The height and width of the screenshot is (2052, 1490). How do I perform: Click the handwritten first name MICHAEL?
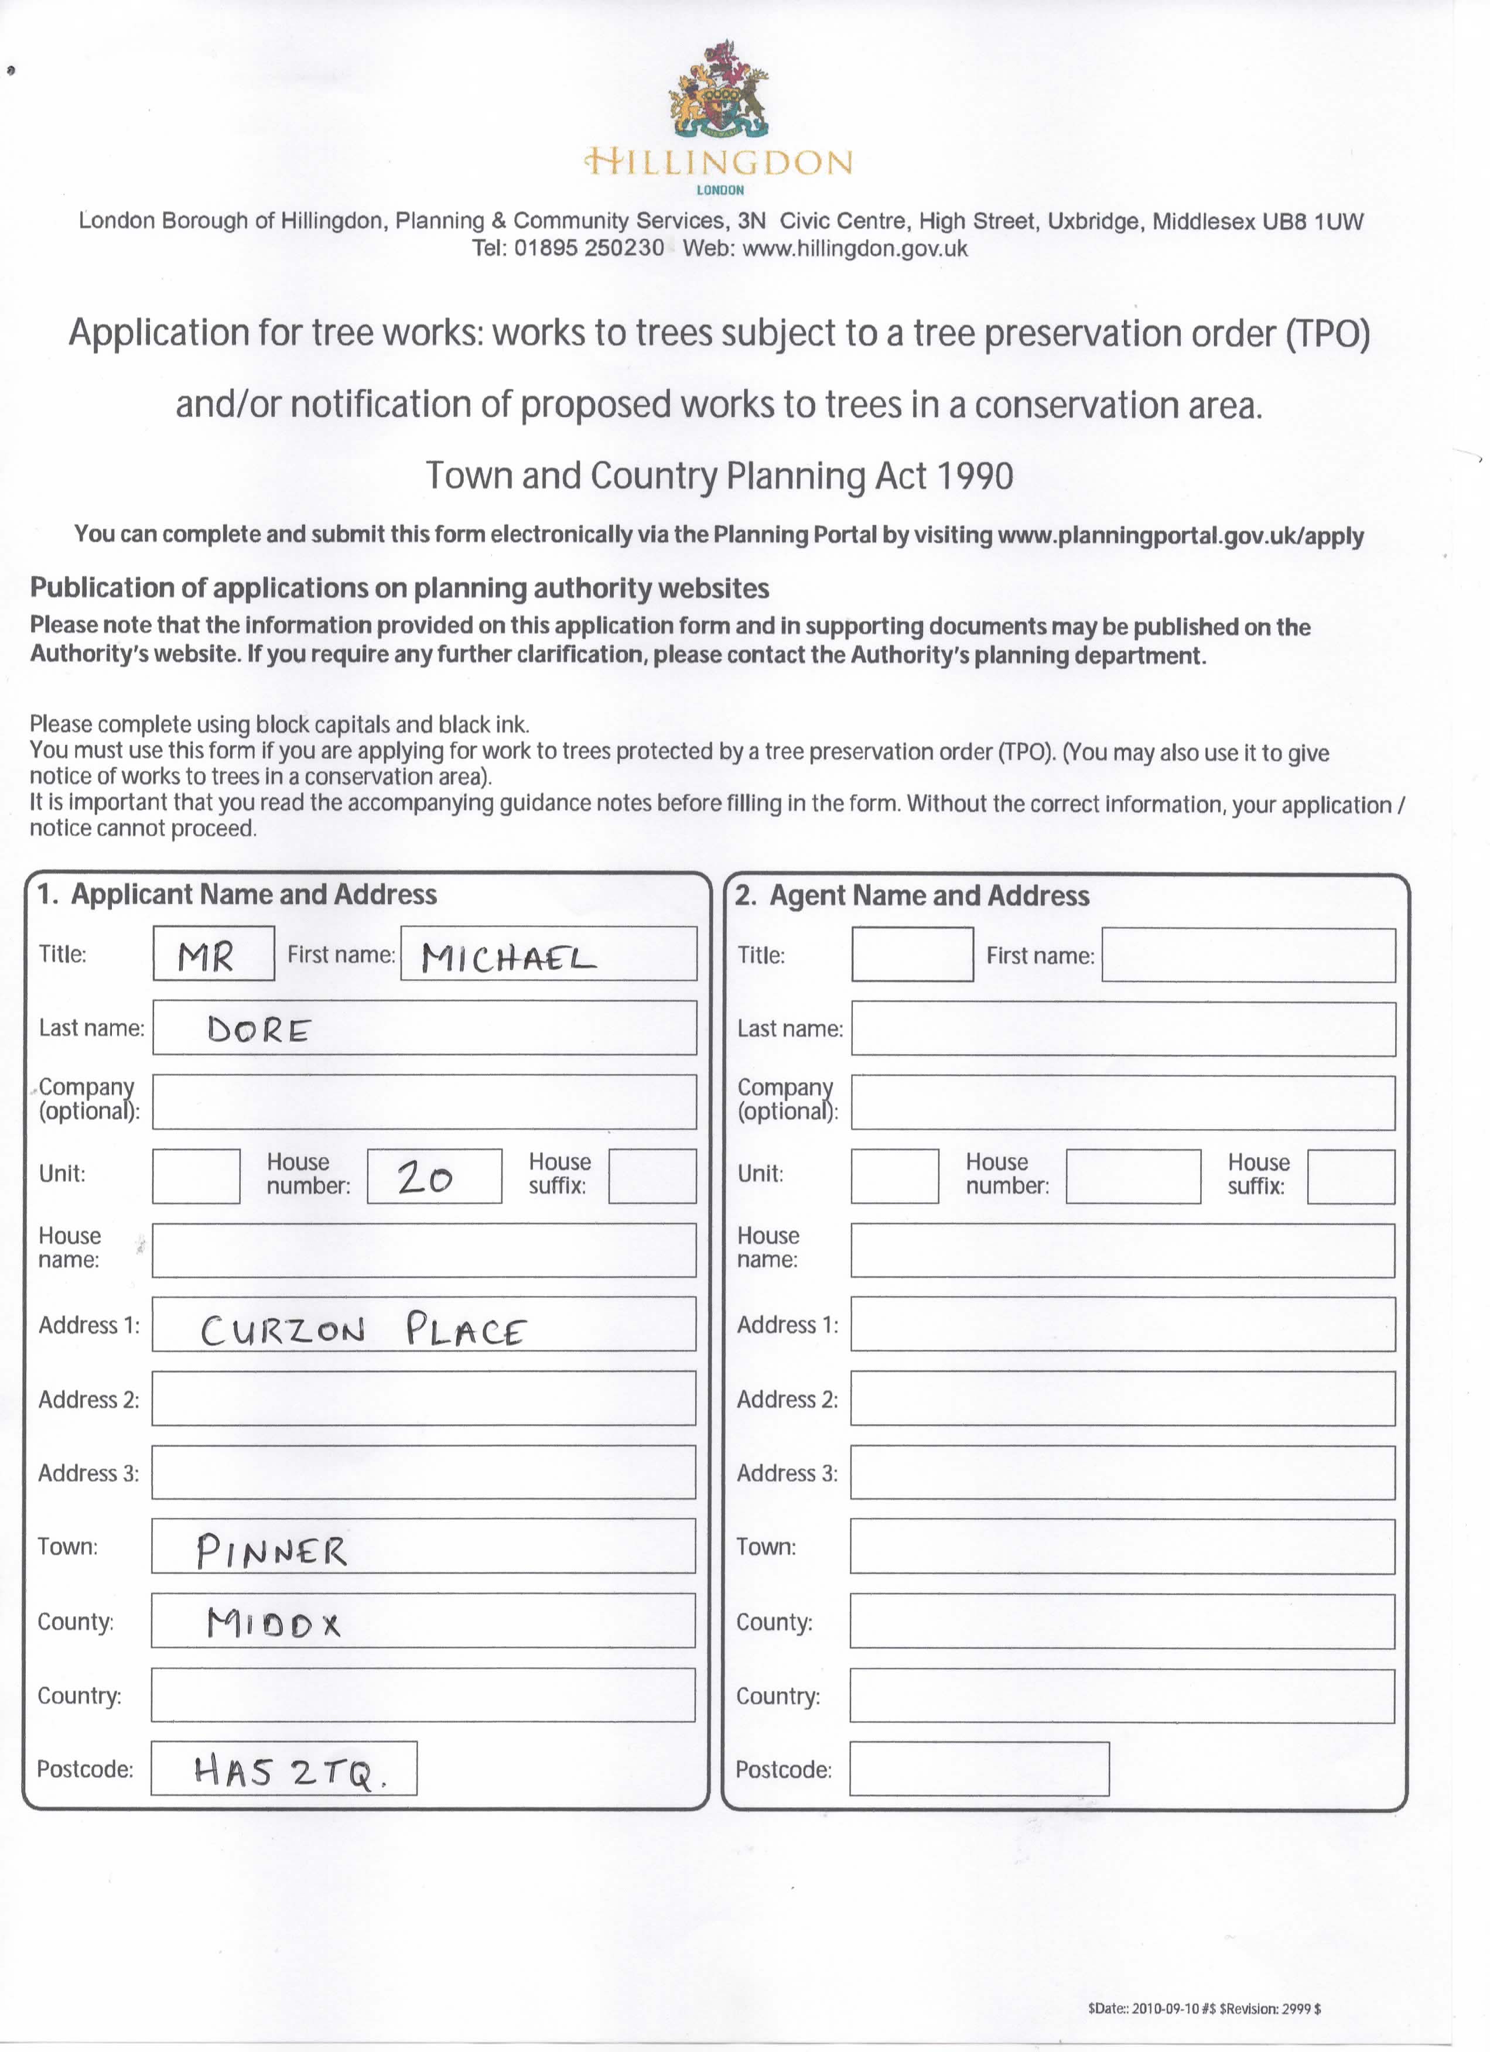point(508,957)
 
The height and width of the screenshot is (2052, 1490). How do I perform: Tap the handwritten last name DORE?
point(259,1030)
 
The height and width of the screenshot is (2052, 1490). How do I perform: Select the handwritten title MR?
point(206,955)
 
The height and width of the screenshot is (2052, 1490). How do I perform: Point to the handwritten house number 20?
point(424,1177)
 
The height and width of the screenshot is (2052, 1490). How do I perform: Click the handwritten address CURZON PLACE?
point(362,1330)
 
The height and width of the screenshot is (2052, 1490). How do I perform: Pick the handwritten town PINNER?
point(271,1551)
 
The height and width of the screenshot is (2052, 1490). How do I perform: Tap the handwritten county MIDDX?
point(273,1624)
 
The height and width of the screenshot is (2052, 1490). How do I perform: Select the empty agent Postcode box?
point(979,1769)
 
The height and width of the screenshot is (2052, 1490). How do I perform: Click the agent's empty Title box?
point(912,955)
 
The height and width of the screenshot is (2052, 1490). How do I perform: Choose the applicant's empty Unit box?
point(196,1176)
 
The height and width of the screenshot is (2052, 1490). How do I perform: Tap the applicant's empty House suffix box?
point(652,1176)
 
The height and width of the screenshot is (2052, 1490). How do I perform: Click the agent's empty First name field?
point(1249,955)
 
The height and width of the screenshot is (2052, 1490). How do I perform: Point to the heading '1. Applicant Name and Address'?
point(237,894)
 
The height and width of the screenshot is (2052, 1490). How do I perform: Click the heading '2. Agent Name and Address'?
point(912,896)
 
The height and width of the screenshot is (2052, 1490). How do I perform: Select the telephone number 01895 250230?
point(589,248)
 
